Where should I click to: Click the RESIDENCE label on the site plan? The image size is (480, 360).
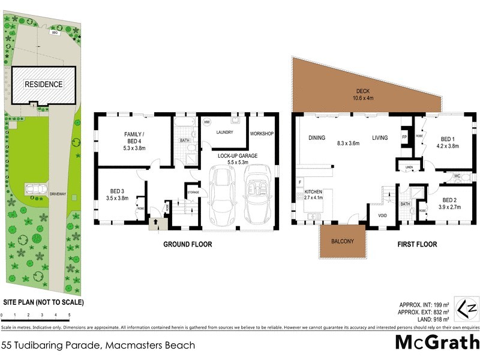point(43,85)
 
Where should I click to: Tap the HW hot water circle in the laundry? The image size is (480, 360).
point(207,122)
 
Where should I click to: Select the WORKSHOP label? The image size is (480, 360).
point(262,133)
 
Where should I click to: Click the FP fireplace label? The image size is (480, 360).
point(404,137)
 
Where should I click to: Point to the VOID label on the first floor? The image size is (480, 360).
point(381,216)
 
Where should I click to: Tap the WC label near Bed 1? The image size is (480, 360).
point(457,176)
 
